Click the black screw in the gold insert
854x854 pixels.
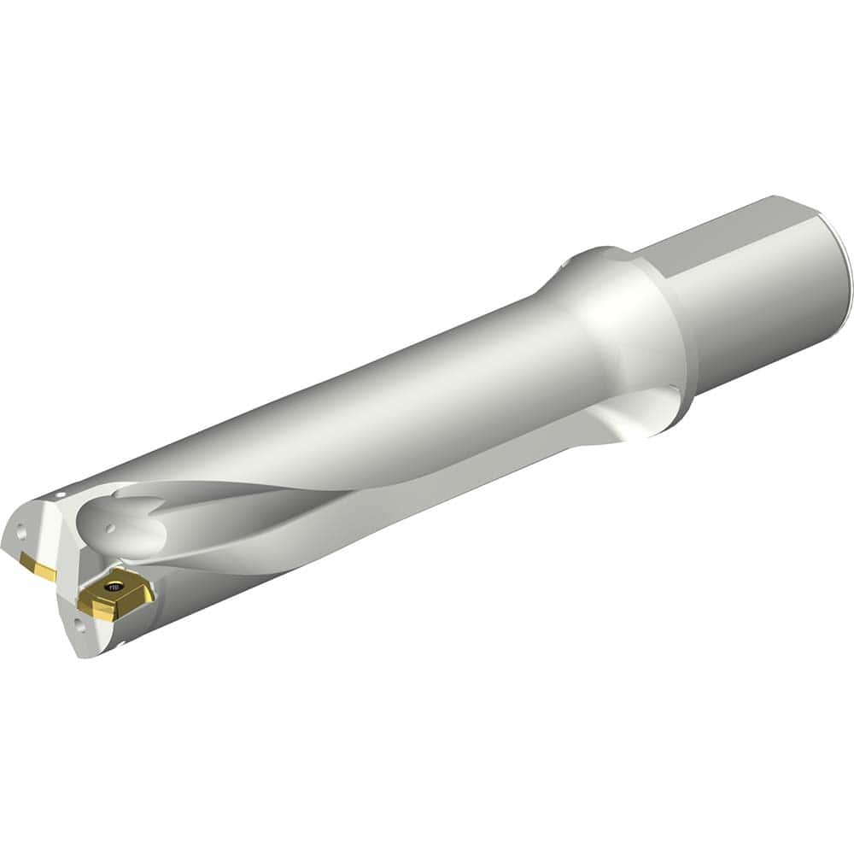pyautogui.click(x=113, y=588)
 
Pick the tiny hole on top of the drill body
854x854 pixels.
pyautogui.click(x=61, y=494)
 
